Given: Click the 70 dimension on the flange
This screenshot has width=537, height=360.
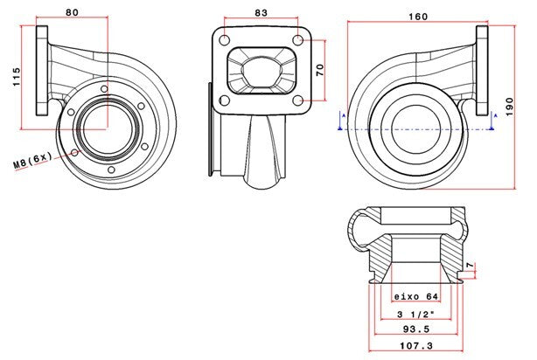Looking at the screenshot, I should [x=320, y=68].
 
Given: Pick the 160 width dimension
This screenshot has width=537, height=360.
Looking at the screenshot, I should [x=417, y=16].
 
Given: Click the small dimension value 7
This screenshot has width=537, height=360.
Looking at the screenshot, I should [x=470, y=265].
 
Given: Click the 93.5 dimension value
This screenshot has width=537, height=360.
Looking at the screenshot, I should [x=415, y=330].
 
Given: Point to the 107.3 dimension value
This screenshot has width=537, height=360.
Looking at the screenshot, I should [x=415, y=347].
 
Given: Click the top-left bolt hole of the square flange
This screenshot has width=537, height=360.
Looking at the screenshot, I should [x=226, y=40].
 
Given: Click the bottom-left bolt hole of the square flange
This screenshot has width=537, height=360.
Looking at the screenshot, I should [x=226, y=100].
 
